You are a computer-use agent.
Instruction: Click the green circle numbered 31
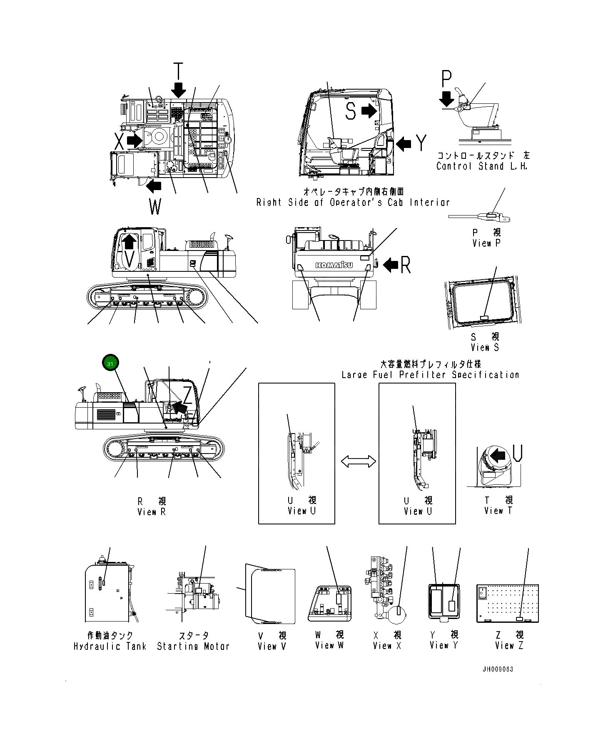110,363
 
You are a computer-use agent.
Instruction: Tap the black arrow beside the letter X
134,140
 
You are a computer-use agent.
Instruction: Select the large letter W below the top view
155,206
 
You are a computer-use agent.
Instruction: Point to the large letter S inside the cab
351,111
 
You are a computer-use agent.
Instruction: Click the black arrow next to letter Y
403,144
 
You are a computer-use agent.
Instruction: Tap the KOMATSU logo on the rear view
334,265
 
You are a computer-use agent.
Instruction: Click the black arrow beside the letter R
390,265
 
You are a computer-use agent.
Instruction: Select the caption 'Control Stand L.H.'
482,166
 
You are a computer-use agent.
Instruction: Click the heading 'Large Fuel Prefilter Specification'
430,375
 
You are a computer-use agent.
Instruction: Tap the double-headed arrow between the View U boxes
358,461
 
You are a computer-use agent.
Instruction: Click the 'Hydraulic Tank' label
110,647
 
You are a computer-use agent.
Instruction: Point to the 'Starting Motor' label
193,647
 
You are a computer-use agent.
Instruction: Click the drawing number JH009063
498,669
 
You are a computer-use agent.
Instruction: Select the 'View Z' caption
509,646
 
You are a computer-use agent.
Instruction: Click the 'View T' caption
498,511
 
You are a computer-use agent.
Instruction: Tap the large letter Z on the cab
188,395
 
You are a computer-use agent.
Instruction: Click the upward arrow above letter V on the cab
130,241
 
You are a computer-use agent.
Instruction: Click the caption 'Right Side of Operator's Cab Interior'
353,203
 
